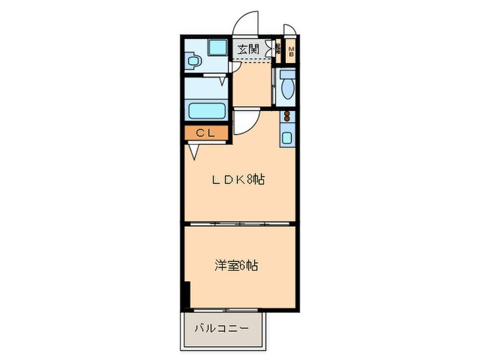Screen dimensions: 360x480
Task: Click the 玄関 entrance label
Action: pos(248,49)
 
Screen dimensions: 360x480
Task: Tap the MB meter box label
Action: pos(291,52)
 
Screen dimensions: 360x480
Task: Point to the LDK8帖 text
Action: pos(238,180)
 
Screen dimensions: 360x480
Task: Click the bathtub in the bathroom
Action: pos(206,110)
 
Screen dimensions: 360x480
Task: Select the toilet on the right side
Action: pos(288,88)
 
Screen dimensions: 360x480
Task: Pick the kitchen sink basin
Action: pos(287,137)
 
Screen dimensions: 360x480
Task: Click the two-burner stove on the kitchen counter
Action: pos(287,118)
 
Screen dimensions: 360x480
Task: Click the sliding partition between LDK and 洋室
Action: pos(240,224)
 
